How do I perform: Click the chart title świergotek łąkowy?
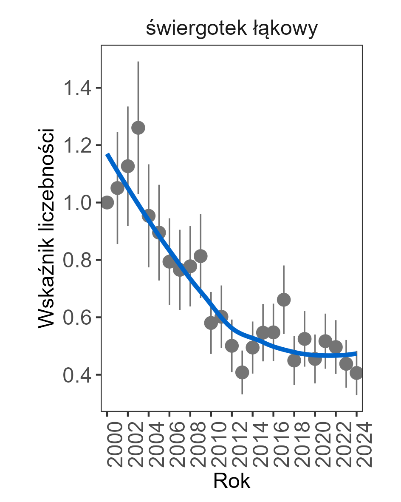tap(232, 29)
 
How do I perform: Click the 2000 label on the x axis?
tap(108, 444)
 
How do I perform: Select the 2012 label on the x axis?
tap(232, 444)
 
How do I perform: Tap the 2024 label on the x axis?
tap(357, 444)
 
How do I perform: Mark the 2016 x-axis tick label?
tap(274, 444)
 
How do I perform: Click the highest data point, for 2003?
tap(138, 128)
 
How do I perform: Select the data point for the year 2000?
tap(107, 203)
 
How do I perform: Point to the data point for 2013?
tap(242, 373)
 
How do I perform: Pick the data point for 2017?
tap(284, 300)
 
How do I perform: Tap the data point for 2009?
tap(200, 256)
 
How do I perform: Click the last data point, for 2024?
tap(356, 373)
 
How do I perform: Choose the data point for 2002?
tap(128, 166)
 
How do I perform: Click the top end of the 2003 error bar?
tap(138, 62)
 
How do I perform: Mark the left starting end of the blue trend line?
tap(107, 154)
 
